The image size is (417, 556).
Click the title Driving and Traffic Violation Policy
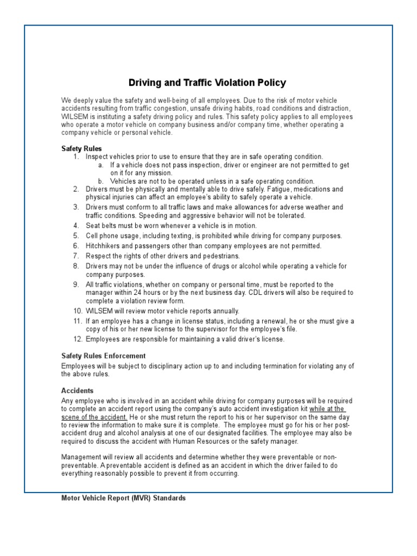click(x=207, y=83)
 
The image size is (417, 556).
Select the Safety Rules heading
click(x=81, y=148)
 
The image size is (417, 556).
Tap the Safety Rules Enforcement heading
click(x=103, y=356)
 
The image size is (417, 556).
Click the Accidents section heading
click(x=77, y=390)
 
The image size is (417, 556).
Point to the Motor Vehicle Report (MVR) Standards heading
click(x=123, y=497)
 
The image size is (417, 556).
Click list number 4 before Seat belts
click(x=76, y=226)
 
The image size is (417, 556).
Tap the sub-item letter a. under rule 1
click(x=101, y=165)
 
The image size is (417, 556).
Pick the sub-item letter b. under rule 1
click(x=101, y=181)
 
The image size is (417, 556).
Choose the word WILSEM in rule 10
click(x=98, y=311)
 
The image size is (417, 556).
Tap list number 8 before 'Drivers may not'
click(x=76, y=266)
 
